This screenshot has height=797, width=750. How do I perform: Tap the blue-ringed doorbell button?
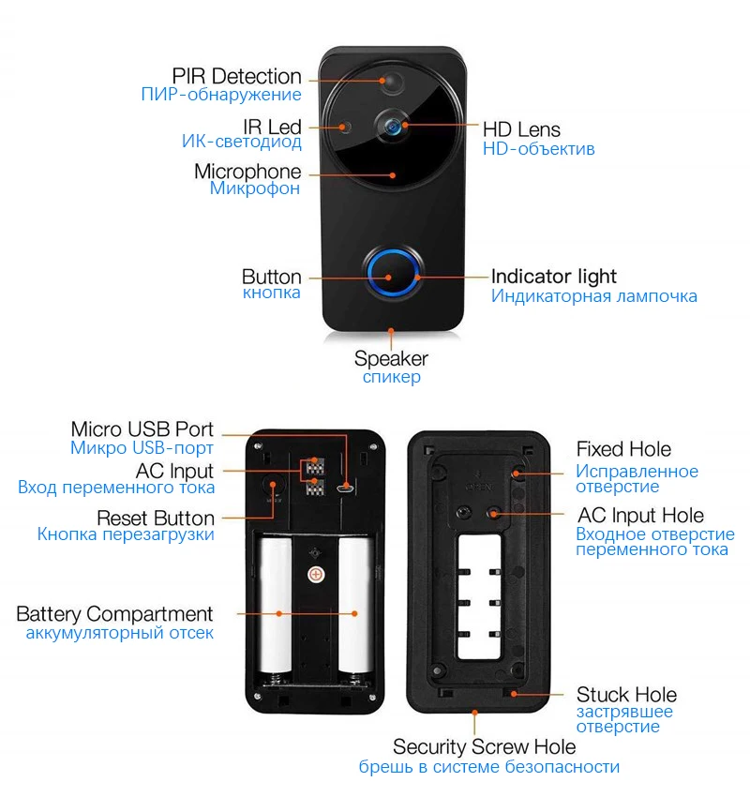(392, 271)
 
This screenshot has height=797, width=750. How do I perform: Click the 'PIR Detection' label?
(236, 76)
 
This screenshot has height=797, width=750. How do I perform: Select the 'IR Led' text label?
(272, 126)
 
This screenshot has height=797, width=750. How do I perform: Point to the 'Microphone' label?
(247, 172)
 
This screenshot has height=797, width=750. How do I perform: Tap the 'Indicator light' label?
(554, 276)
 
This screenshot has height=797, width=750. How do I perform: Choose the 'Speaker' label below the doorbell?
(391, 358)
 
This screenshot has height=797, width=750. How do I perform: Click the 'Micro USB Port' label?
(142, 429)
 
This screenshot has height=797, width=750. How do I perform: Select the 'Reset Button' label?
(156, 518)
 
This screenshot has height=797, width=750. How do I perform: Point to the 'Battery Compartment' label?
(114, 614)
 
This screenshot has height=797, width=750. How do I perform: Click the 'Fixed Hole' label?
(623, 449)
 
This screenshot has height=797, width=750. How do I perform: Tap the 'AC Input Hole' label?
(639, 515)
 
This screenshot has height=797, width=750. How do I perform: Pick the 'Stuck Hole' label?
(626, 695)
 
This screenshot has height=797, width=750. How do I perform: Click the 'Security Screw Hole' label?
(484, 746)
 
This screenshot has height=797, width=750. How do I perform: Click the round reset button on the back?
(275, 484)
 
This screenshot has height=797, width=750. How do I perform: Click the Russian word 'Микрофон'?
(254, 188)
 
